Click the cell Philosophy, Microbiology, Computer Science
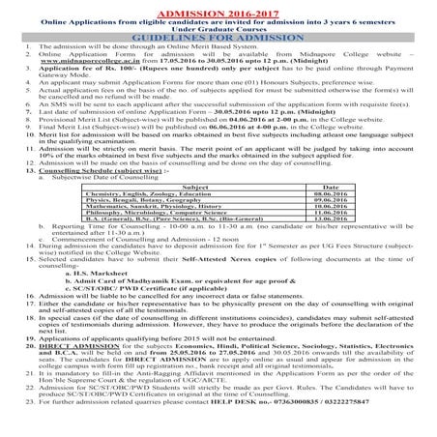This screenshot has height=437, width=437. tap(206, 185)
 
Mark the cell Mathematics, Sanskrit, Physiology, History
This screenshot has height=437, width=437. tap(205, 178)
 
